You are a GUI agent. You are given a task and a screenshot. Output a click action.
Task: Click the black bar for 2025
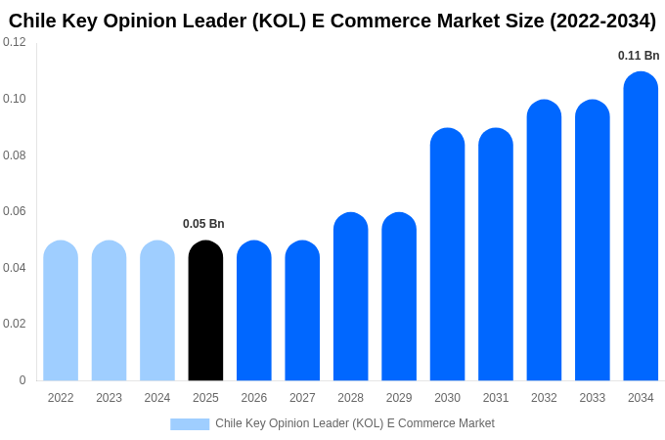(205, 311)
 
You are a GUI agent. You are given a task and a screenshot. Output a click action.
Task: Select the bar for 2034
(641, 227)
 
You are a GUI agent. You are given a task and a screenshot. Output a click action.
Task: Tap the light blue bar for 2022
(61, 311)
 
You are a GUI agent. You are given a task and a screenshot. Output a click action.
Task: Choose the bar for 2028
(350, 296)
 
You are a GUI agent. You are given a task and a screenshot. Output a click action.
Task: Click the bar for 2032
(544, 241)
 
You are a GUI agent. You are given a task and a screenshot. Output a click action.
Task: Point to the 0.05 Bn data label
(203, 224)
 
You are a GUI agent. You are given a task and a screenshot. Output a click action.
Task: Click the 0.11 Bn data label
(639, 56)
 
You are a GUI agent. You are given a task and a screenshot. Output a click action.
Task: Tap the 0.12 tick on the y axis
(15, 42)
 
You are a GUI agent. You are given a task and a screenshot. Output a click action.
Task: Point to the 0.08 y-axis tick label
(15, 155)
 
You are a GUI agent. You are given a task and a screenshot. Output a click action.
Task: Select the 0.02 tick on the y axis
(15, 324)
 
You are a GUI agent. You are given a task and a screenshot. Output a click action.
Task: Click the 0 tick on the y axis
(22, 380)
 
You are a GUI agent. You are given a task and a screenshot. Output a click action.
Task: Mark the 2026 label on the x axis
(254, 398)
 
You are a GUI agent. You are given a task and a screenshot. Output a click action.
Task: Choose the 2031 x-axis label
(496, 398)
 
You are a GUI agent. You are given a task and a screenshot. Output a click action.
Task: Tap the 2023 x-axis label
(109, 398)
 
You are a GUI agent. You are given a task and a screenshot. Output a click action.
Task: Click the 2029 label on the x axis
(399, 398)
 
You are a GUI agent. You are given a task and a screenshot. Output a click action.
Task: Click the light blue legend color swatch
(190, 424)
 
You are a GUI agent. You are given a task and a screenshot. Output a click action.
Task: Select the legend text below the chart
(355, 423)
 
